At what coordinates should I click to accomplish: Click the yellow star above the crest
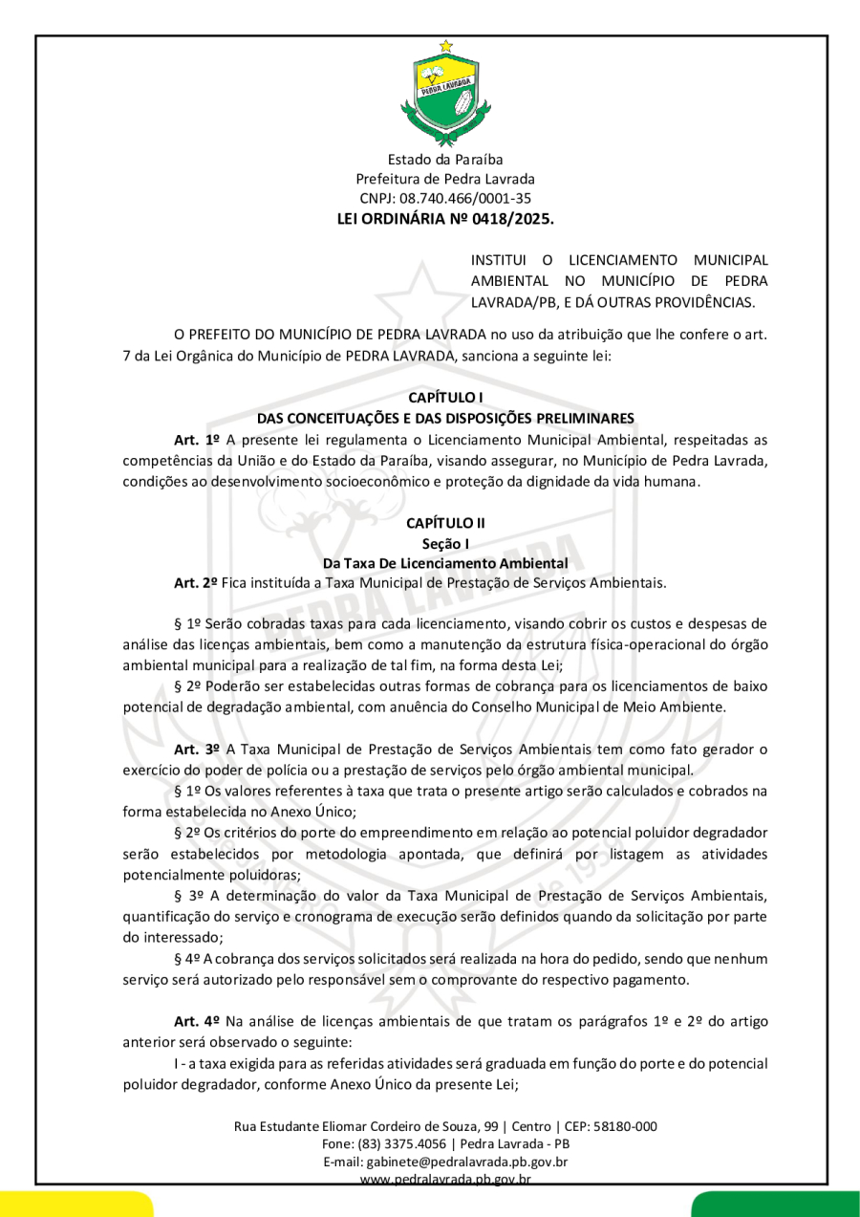pyautogui.click(x=445, y=45)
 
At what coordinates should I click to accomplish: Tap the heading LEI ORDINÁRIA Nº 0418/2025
pyautogui.click(x=445, y=219)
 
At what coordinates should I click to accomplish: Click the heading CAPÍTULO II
pyautogui.click(x=445, y=523)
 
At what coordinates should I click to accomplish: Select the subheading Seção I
pyautogui.click(x=445, y=544)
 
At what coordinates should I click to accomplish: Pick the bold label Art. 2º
pyautogui.click(x=196, y=582)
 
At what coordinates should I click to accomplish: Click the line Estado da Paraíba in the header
pyautogui.click(x=445, y=159)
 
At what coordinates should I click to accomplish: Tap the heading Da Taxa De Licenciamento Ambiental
pyautogui.click(x=445, y=563)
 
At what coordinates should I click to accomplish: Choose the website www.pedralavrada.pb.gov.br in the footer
pyautogui.click(x=445, y=1180)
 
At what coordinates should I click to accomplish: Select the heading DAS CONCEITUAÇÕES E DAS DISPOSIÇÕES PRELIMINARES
pyautogui.click(x=445, y=418)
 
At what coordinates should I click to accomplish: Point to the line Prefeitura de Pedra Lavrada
pyautogui.click(x=445, y=179)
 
